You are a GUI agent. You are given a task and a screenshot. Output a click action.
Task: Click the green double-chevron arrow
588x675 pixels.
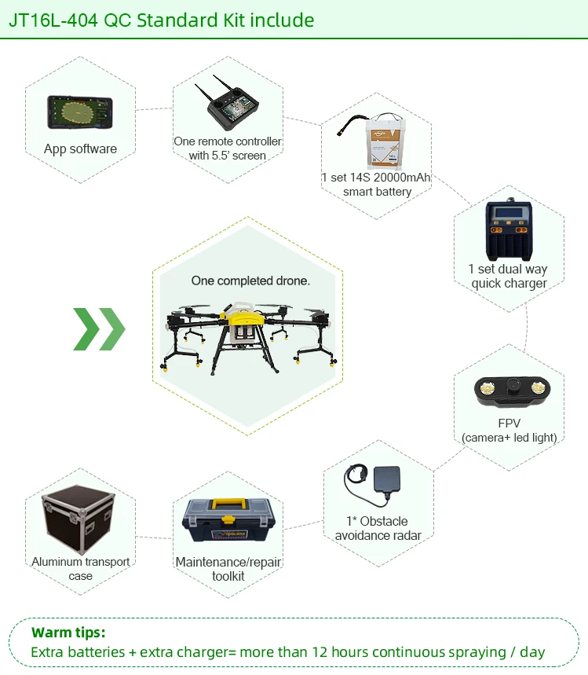(x=99, y=329)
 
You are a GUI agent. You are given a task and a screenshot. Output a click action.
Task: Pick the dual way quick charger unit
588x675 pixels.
(x=509, y=230)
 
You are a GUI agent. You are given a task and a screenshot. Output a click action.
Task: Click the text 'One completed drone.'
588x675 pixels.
(x=250, y=281)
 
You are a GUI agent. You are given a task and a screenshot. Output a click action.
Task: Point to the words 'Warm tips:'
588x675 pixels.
(x=68, y=633)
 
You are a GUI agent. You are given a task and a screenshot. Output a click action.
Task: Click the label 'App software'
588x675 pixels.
(x=80, y=149)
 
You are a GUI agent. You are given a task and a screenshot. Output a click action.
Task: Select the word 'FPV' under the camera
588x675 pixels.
(x=509, y=424)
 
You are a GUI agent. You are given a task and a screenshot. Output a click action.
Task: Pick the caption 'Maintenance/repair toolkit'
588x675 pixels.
(x=228, y=569)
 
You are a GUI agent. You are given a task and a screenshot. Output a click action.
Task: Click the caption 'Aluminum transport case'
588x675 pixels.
(x=81, y=569)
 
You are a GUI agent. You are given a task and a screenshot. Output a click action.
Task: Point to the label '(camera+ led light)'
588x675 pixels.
(x=509, y=437)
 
